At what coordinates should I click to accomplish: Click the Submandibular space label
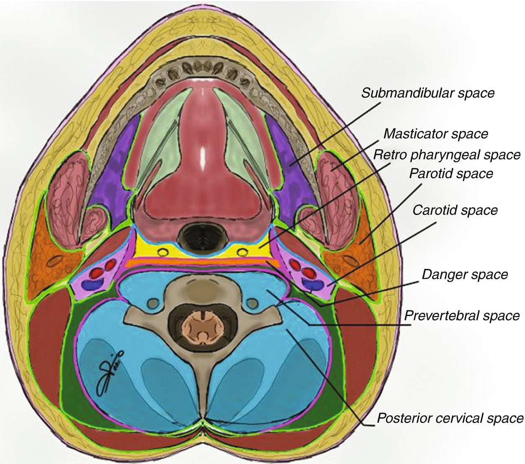coord(428,92)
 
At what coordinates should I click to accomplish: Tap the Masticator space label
coord(435,134)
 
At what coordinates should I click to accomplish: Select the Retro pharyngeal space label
coord(446,155)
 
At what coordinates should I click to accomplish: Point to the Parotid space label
coord(451,173)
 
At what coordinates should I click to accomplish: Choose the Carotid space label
coord(455,210)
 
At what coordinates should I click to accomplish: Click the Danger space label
coord(465,274)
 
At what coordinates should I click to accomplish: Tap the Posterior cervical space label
coord(450,418)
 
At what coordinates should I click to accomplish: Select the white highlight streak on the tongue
coord(203,155)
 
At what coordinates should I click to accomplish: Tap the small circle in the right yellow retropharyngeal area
coord(242,251)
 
